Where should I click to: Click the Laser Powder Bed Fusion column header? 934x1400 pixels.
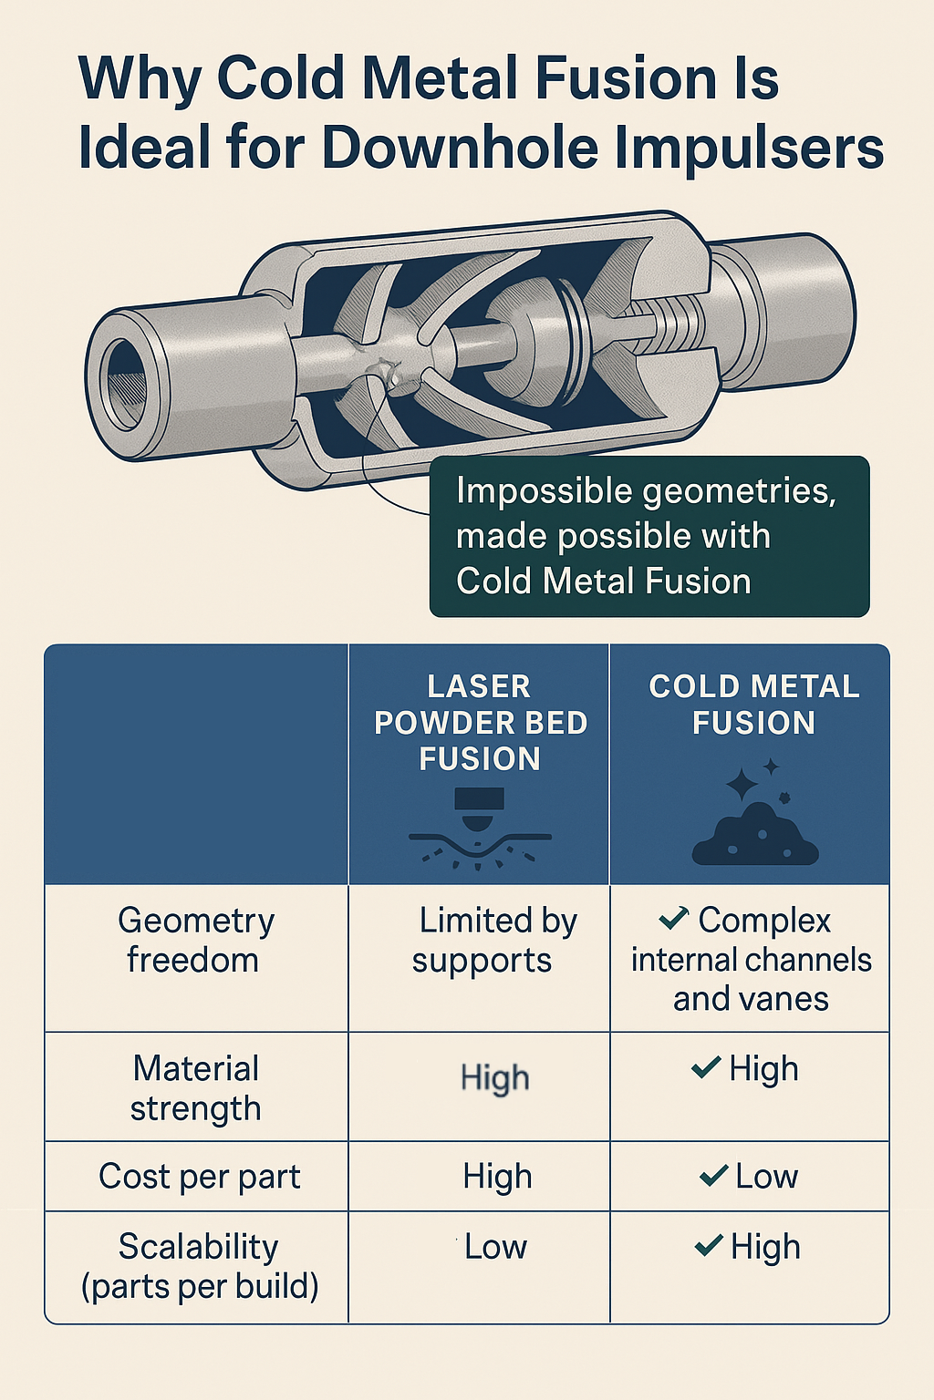point(480,722)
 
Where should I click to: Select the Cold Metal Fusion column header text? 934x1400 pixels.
point(754,704)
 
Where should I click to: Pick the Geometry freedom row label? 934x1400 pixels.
point(195,940)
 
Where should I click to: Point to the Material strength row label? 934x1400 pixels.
point(195,1087)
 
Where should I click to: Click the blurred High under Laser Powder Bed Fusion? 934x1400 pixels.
point(494,1078)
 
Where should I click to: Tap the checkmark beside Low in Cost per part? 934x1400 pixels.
point(713,1176)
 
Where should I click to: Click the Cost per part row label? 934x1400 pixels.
point(199,1176)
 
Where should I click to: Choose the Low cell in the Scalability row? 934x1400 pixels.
point(495,1246)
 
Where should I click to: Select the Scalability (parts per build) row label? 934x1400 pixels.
point(199,1266)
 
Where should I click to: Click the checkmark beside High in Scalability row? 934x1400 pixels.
point(709,1245)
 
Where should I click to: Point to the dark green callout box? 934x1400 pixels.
point(649,536)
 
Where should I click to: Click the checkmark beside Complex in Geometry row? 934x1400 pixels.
point(673,919)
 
